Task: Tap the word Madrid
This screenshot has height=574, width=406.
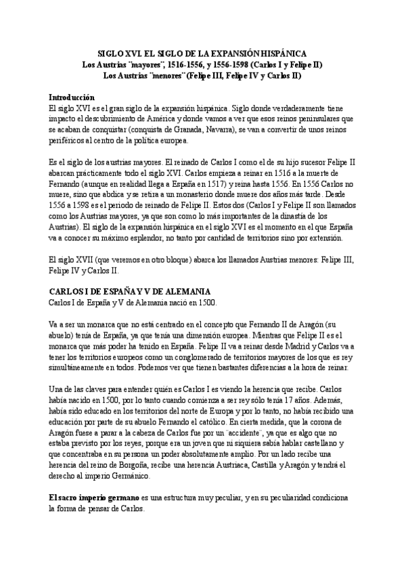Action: (281, 347)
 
